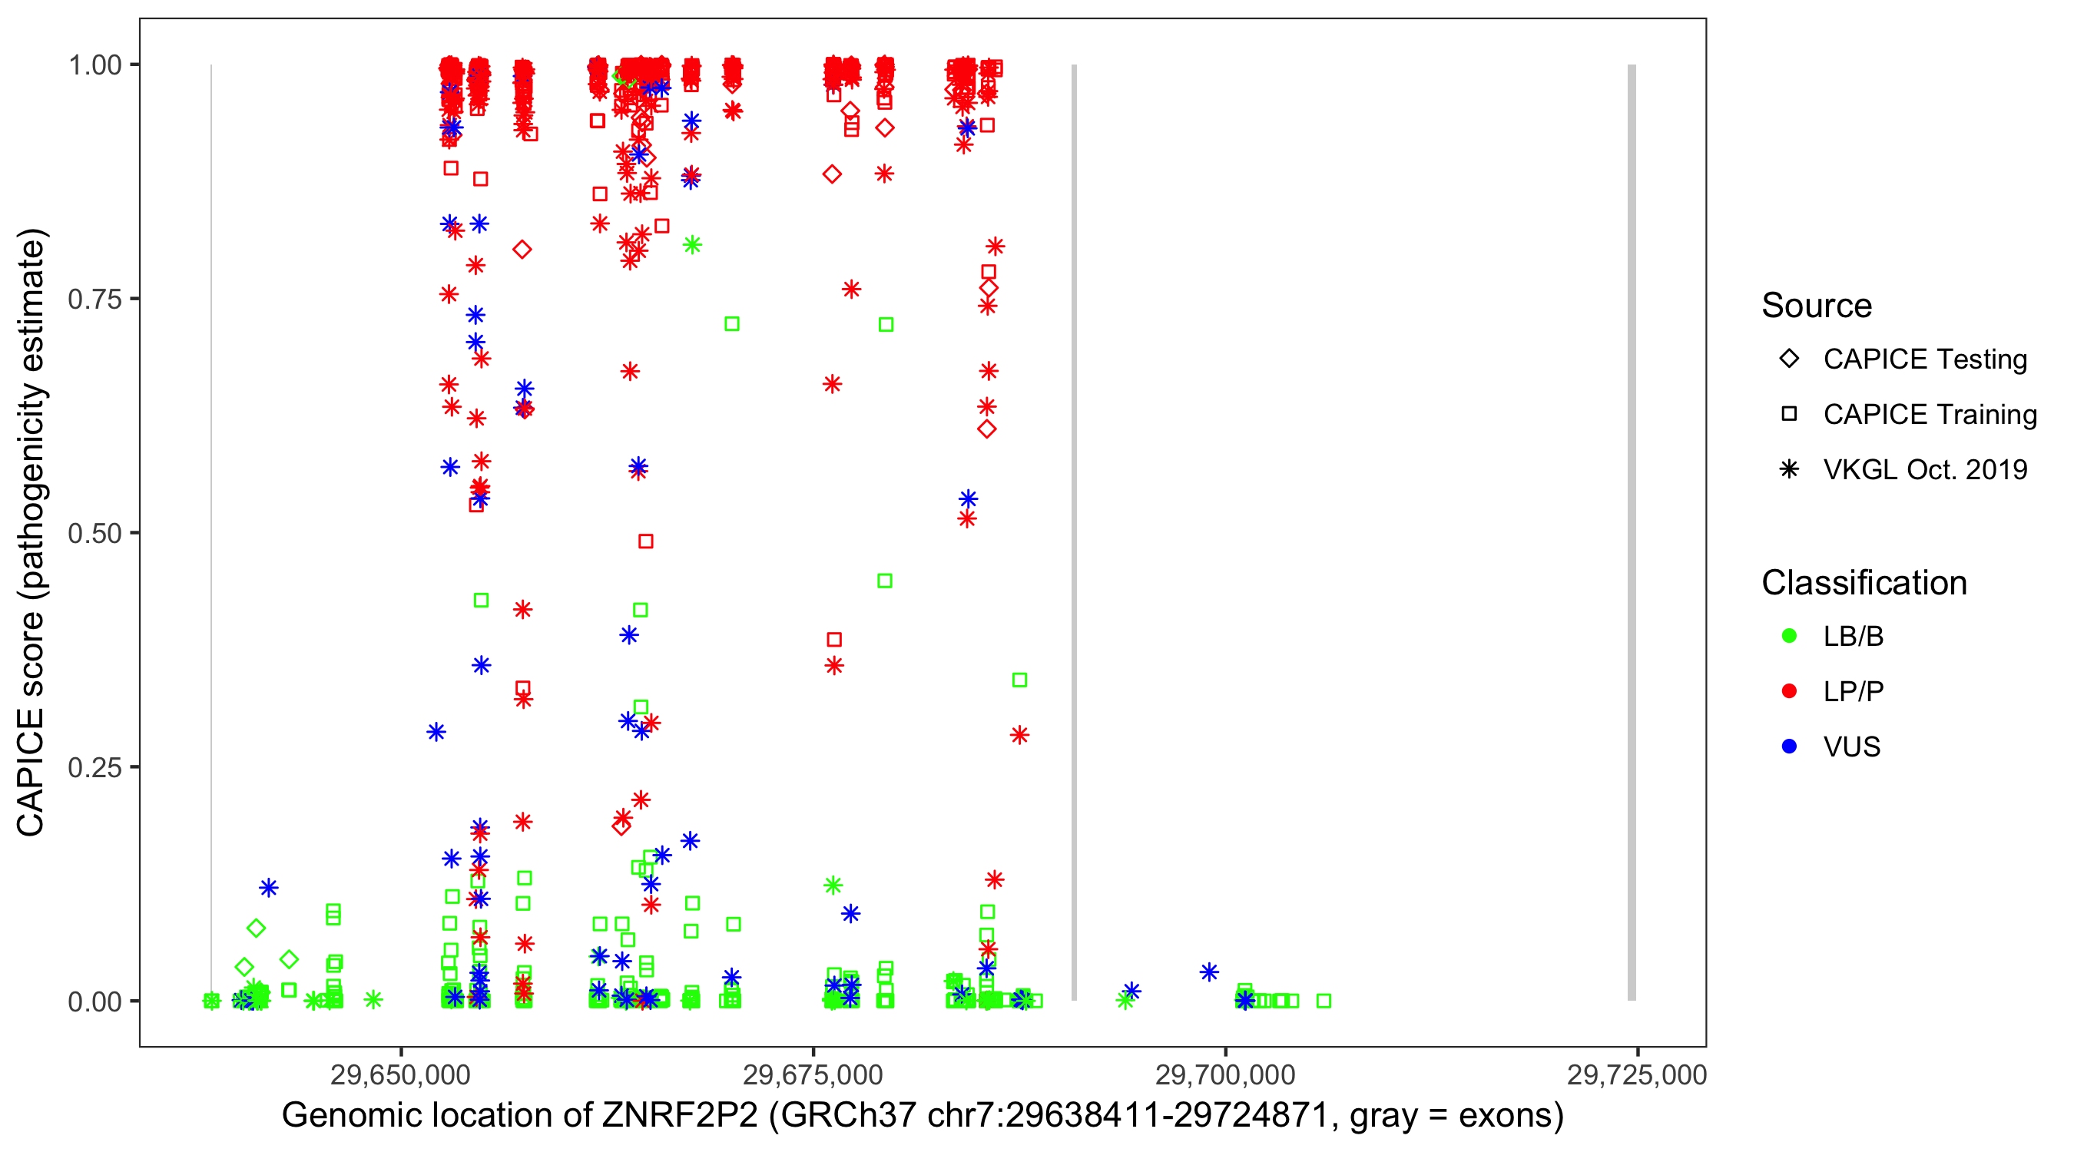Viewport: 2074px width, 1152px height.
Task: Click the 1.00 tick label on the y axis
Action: (94, 65)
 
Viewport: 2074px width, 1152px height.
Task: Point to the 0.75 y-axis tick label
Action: (94, 300)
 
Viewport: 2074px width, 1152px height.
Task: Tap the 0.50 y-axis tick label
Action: (94, 533)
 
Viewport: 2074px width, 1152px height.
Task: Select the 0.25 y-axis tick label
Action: (94, 767)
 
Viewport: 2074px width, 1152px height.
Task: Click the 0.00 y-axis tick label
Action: (94, 1001)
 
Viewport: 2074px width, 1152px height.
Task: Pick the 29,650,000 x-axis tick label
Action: (400, 1074)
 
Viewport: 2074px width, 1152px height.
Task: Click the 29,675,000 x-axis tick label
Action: (813, 1074)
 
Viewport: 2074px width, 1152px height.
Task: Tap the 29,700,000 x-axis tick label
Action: (1224, 1074)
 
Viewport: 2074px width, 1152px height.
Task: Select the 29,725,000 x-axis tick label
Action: (1636, 1074)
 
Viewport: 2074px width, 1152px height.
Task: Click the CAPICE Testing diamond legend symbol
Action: (1789, 359)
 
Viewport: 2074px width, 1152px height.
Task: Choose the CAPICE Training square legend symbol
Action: (1789, 415)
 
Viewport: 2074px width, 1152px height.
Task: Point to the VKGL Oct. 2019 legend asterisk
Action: (1789, 469)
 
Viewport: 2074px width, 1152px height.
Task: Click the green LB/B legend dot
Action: (1789, 636)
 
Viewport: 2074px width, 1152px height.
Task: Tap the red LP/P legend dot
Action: (1789, 691)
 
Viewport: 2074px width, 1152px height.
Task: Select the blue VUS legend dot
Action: (1789, 747)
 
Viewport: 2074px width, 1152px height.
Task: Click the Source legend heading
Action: (1817, 306)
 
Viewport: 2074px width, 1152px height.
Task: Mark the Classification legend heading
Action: (1864, 583)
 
